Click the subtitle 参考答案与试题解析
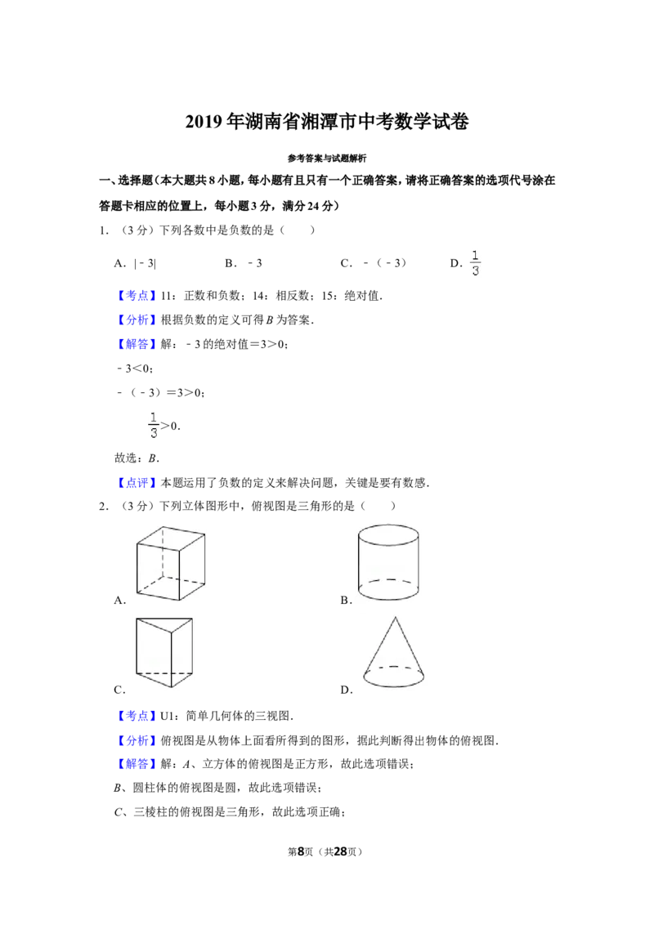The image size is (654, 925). click(x=327, y=158)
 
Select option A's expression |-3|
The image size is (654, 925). click(x=146, y=264)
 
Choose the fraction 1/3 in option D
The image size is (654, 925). click(x=475, y=263)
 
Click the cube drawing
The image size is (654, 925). click(x=171, y=563)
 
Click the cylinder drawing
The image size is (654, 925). click(x=388, y=562)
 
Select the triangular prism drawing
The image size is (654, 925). click(x=164, y=652)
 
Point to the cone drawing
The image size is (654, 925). click(x=394, y=652)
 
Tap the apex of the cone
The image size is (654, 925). click(x=395, y=617)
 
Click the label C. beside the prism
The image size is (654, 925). click(x=120, y=690)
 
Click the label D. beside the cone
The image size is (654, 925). click(x=347, y=690)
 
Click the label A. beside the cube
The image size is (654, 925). click(x=120, y=601)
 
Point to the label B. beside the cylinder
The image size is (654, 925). click(x=347, y=601)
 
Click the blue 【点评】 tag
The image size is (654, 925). click(x=137, y=483)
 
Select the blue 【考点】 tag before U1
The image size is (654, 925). click(x=137, y=716)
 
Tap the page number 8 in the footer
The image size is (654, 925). click(x=301, y=851)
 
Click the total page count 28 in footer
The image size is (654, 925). click(x=340, y=851)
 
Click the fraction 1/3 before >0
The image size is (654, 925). click(x=154, y=426)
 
